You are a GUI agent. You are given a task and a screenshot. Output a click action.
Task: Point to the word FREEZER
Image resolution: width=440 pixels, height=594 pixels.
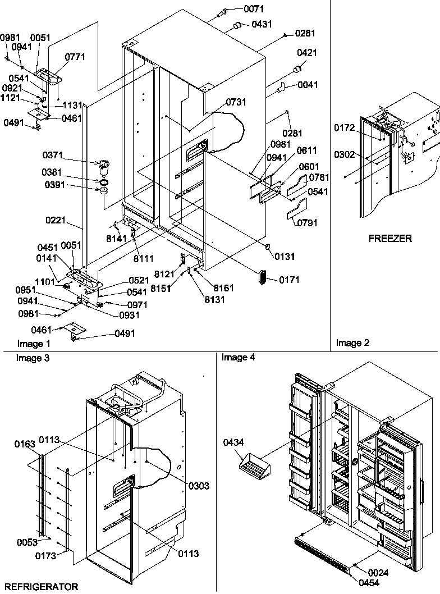(390, 238)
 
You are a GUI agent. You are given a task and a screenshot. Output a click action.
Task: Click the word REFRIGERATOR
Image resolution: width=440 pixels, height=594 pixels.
(39, 587)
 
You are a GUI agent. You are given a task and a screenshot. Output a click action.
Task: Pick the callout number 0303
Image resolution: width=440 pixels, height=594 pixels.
(199, 486)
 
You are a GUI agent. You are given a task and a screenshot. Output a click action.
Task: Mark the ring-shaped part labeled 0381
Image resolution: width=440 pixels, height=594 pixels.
(103, 182)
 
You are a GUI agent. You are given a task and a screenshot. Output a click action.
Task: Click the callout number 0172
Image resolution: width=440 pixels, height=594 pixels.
(345, 129)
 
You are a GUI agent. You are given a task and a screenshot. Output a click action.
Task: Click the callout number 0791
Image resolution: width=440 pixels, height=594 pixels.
(307, 223)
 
